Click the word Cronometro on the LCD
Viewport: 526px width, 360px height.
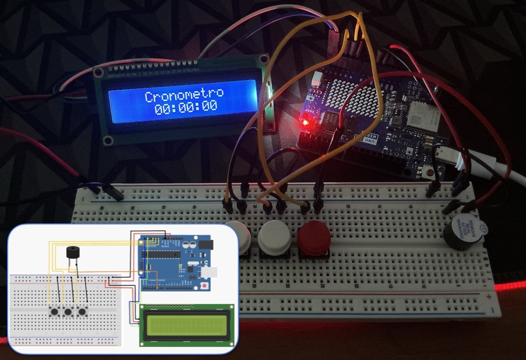184,95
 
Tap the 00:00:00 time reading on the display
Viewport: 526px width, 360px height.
185,107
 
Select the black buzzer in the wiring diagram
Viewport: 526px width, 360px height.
73,253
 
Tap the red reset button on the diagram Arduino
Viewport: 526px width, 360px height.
205,286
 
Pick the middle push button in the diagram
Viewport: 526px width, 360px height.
67,311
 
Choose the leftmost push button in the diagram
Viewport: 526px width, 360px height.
53,311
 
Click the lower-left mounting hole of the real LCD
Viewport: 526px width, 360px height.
108,140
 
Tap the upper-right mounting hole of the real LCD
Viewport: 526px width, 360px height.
264,59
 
